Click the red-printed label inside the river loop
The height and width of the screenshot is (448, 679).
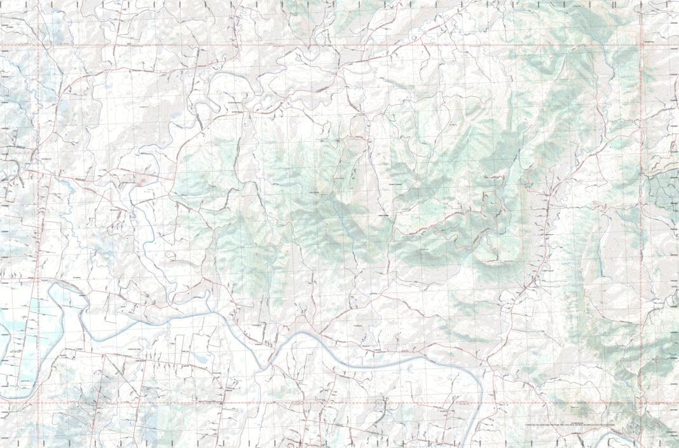(144, 181)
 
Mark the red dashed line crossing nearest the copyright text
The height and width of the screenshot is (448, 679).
(641, 403)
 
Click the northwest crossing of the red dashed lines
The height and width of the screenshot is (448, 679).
(38, 46)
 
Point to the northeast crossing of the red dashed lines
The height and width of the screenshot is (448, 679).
(641, 46)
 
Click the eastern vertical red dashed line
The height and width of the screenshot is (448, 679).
(641, 223)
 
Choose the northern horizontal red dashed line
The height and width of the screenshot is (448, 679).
(337, 46)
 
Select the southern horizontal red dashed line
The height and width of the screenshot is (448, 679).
(337, 403)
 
